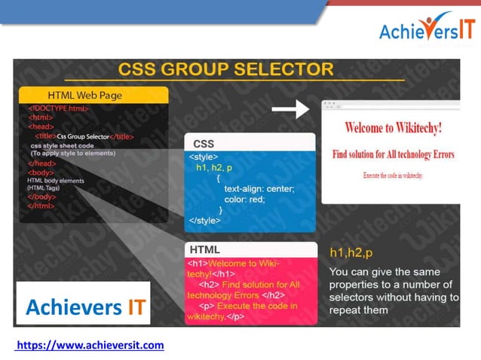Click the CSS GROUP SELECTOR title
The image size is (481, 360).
[x=225, y=69]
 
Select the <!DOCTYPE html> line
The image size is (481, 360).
[x=58, y=108]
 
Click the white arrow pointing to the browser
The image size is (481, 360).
[x=290, y=110]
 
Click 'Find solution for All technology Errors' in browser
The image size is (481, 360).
[x=394, y=154]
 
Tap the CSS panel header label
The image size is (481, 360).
[x=204, y=143]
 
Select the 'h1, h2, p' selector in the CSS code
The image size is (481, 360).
[x=214, y=167]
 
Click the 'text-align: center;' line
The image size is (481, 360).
[x=259, y=188]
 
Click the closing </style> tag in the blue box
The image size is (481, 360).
[x=205, y=221]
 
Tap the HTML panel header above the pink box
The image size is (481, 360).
[x=205, y=249]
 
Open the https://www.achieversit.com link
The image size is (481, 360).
[x=90, y=345]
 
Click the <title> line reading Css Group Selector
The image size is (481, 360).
[x=84, y=136]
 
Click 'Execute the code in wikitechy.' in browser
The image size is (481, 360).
[x=393, y=175]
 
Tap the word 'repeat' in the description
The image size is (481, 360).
[x=347, y=310]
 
